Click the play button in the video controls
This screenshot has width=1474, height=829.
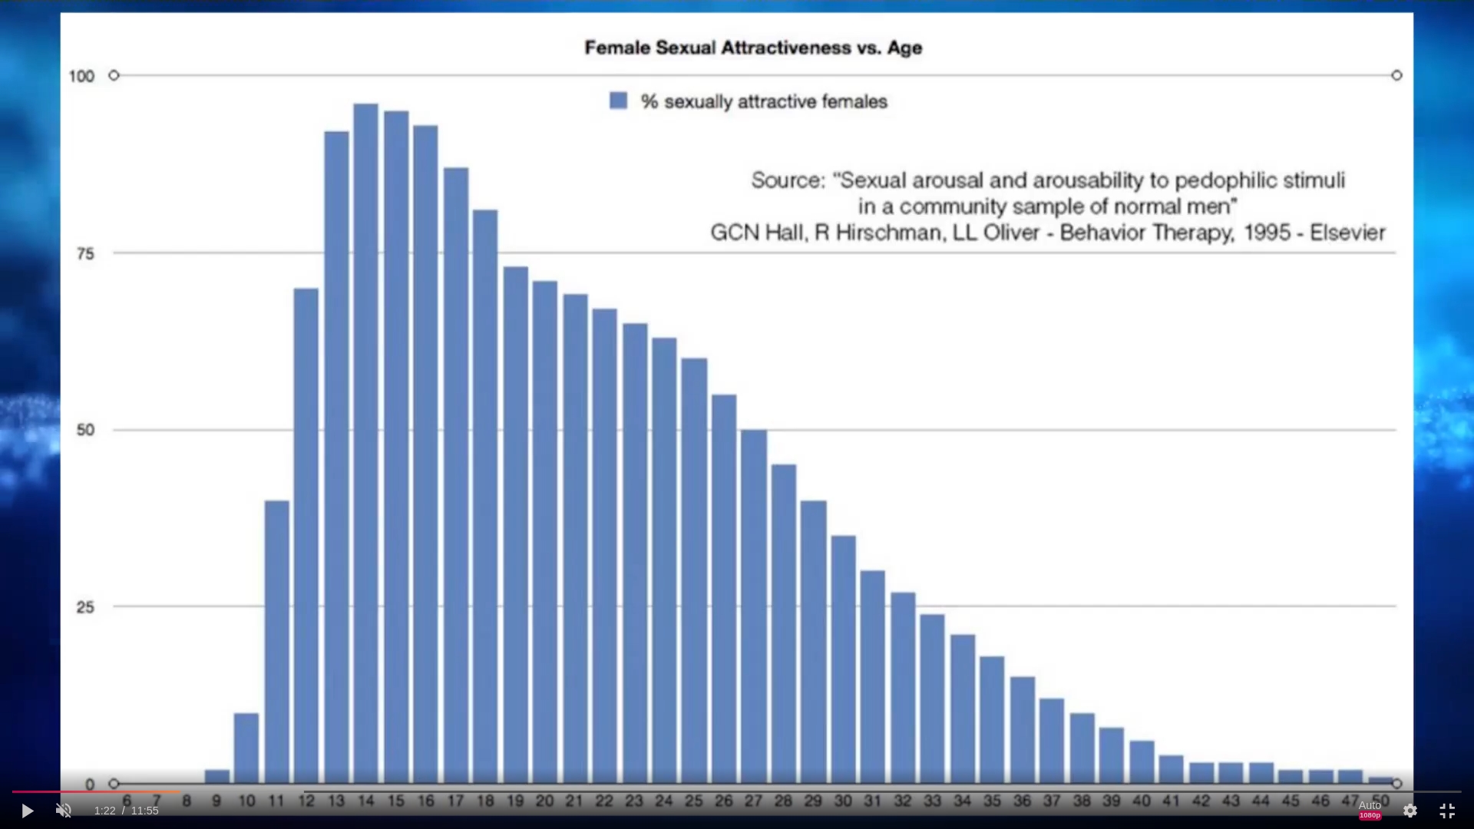pos(27,811)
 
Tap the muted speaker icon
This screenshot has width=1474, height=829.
pos(64,811)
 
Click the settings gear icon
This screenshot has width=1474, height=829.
pos(1410,811)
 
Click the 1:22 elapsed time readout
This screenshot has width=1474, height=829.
pos(104,811)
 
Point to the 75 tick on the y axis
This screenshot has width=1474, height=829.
pos(85,253)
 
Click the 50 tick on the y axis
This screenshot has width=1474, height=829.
pos(85,430)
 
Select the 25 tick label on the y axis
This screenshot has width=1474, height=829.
pos(85,607)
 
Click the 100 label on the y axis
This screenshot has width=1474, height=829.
pos(81,76)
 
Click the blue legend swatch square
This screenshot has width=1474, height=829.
pos(618,101)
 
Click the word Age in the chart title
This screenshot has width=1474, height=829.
pos(904,48)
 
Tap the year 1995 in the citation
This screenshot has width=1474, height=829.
pos(1267,233)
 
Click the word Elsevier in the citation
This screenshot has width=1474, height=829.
pos(1347,233)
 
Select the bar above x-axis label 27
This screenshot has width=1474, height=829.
pos(753,606)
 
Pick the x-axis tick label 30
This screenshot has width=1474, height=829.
pos(843,801)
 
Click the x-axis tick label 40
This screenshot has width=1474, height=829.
pos(1142,801)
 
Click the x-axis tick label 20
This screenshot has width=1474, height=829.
pos(544,801)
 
